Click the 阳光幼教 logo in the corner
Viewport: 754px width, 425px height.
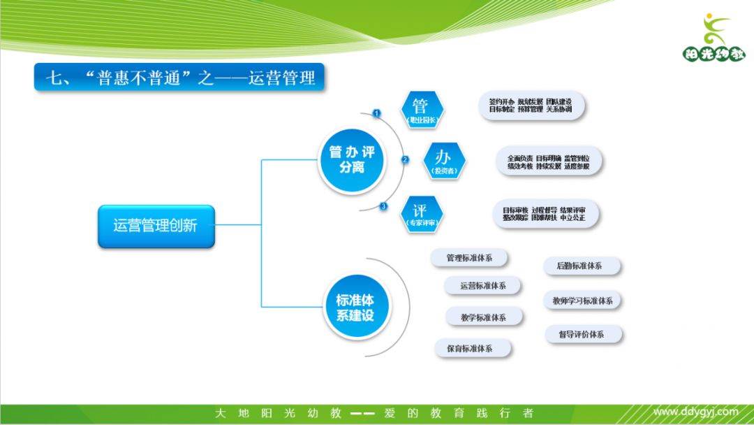pyautogui.click(x=713, y=39)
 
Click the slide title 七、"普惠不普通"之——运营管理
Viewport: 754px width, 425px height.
pyautogui.click(x=180, y=78)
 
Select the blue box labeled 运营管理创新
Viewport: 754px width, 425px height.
pyautogui.click(x=156, y=226)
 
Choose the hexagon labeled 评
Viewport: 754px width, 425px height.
pyautogui.click(x=421, y=214)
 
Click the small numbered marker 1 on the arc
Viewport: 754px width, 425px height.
pyautogui.click(x=377, y=113)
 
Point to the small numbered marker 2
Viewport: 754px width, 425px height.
pyautogui.click(x=405, y=159)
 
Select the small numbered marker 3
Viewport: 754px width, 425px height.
pyautogui.click(x=383, y=206)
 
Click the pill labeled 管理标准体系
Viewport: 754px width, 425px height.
pyautogui.click(x=469, y=258)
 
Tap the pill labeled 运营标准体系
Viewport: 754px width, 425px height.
pyautogui.click(x=483, y=285)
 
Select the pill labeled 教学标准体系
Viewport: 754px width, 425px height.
pyautogui.click(x=483, y=317)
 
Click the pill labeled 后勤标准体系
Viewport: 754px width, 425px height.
pyautogui.click(x=579, y=266)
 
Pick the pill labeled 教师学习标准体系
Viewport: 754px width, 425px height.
pyautogui.click(x=582, y=301)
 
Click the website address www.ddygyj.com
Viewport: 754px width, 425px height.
pyautogui.click(x=695, y=412)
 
